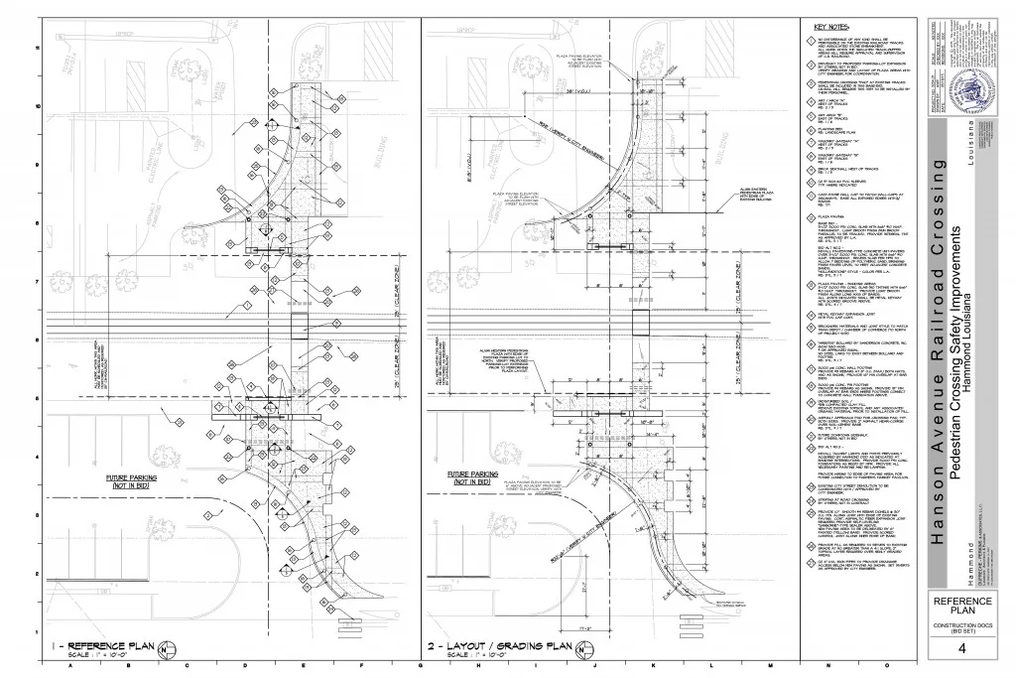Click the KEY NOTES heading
833,27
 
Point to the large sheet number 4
961,648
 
